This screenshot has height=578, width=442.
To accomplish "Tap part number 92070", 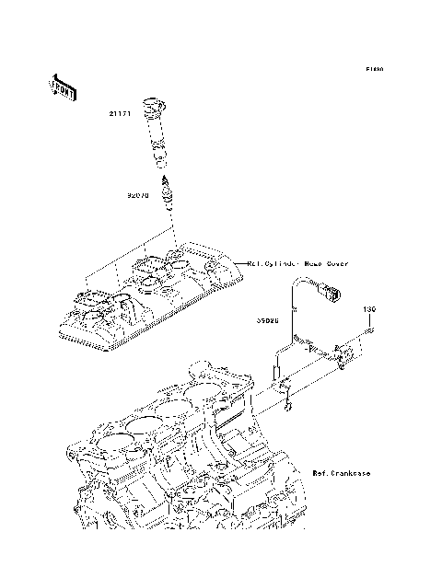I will [x=138, y=195].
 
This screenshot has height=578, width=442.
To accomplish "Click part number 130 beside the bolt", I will [x=368, y=308].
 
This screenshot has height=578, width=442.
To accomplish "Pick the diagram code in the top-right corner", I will [x=373, y=69].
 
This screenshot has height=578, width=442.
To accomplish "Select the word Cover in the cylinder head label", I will [x=335, y=263].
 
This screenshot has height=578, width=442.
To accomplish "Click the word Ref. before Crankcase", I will [x=320, y=473].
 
